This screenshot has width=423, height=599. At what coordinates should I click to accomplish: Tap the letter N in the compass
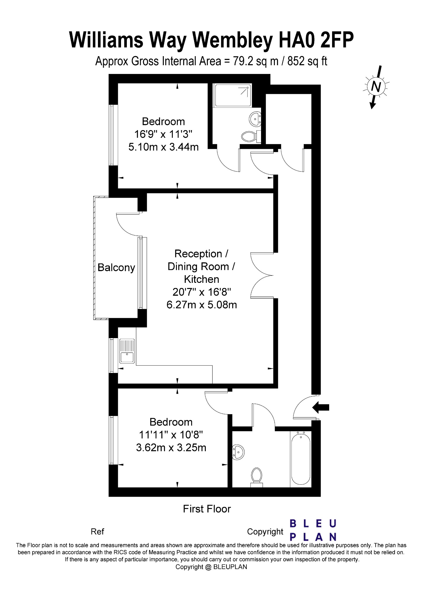377,87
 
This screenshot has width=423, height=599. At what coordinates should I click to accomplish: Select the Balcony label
116,268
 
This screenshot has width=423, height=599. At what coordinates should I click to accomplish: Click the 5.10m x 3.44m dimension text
163,147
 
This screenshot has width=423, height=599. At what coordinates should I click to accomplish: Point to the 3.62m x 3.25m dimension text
171,447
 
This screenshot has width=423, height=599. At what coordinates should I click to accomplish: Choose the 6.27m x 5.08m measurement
202,305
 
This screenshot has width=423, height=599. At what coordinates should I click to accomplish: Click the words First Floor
207,509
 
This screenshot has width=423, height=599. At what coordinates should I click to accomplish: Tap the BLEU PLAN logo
313,530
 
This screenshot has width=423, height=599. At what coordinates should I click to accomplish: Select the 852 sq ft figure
307,61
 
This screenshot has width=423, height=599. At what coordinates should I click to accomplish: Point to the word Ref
97,531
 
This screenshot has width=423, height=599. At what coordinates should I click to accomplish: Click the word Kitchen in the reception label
201,279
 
